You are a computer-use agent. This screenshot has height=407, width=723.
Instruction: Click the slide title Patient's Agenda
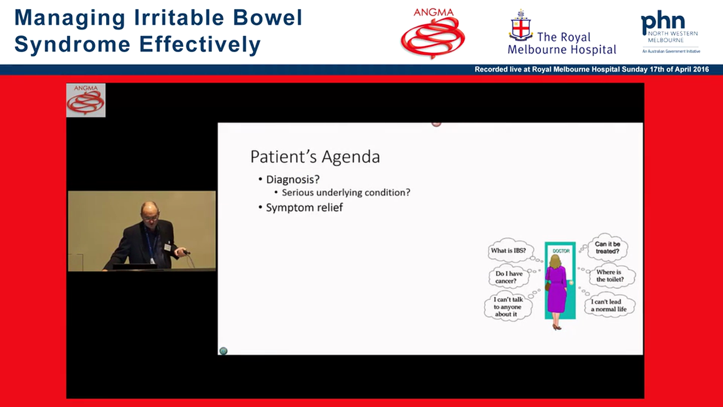(315, 157)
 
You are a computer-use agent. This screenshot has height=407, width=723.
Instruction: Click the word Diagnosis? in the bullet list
(293, 179)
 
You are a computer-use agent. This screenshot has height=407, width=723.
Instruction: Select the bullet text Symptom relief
(304, 207)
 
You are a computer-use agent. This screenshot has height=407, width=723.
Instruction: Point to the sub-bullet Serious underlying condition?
(346, 193)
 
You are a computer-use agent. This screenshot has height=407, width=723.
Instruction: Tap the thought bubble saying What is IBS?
(508, 250)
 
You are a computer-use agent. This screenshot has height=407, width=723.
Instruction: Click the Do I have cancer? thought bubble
(509, 277)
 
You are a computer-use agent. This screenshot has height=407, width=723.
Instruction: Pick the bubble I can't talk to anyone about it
(508, 307)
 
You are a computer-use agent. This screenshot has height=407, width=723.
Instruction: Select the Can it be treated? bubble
(607, 248)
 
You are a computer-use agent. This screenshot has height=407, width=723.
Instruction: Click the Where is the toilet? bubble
(609, 276)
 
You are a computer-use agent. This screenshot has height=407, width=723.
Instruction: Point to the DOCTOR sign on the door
(560, 250)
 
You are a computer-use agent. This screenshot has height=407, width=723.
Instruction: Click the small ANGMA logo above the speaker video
(86, 100)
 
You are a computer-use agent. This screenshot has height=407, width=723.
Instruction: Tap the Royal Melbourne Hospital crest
(521, 26)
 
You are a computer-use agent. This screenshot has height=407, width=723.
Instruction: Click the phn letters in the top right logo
(663, 24)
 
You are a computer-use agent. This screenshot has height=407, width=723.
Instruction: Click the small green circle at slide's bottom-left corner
(223, 351)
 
